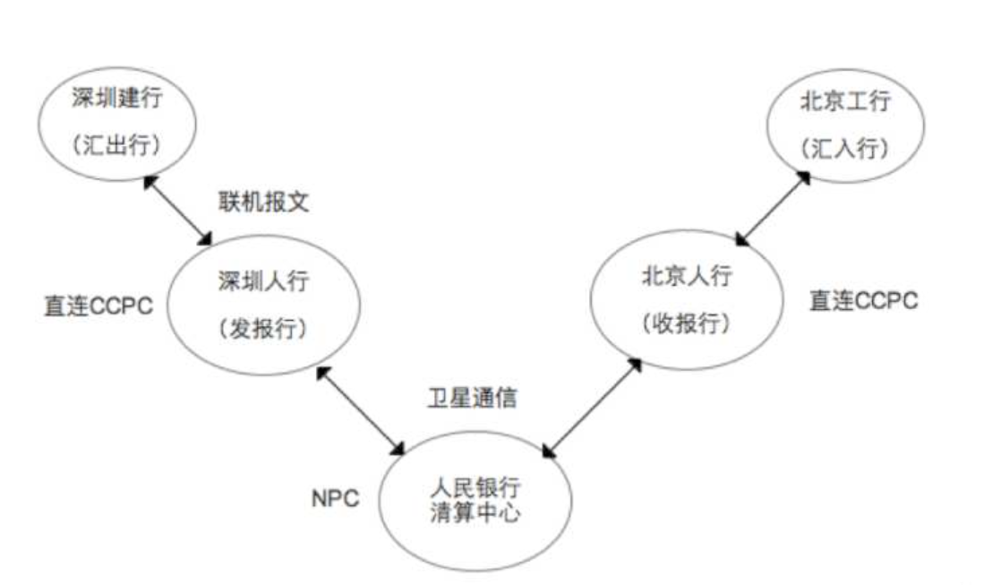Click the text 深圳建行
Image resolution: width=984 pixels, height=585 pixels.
[117, 99]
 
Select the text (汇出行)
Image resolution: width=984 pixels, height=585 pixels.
[117, 146]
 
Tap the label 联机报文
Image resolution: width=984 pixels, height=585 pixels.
[263, 202]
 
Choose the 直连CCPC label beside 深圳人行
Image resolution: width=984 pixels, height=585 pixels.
[98, 305]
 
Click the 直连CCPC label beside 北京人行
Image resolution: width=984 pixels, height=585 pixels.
[864, 301]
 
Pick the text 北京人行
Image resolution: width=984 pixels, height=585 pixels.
[687, 277]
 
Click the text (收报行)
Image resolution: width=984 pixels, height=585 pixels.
[687, 323]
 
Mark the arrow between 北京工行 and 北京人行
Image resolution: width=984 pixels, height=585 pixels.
[773, 208]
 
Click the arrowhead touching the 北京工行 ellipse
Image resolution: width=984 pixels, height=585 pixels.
[803, 176]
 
